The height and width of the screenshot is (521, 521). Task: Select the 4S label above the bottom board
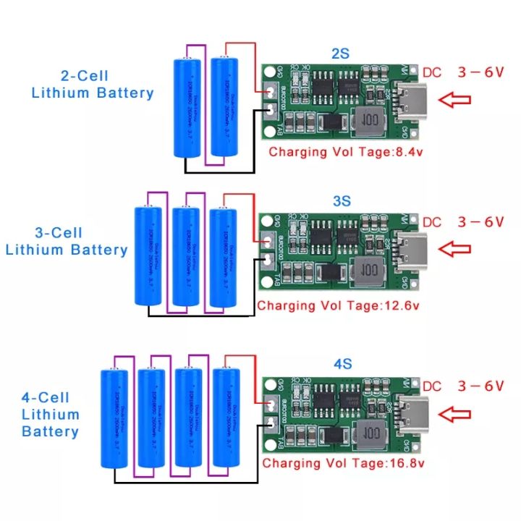[x=342, y=364]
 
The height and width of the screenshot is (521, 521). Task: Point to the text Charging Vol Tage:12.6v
[x=338, y=305]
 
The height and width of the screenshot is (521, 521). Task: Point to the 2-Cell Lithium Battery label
[x=92, y=84]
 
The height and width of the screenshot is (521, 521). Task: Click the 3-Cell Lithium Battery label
[x=67, y=241]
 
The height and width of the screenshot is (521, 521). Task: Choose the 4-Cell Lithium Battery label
[x=51, y=415]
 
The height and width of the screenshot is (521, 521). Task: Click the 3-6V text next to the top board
[x=480, y=73]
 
